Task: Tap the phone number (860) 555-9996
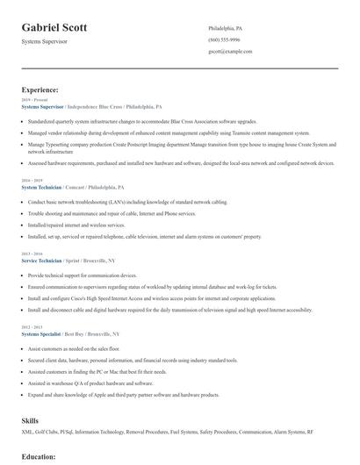point(224,40)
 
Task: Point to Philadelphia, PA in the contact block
point(226,28)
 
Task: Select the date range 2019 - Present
point(33,100)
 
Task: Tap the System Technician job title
point(41,186)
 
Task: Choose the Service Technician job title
point(41,261)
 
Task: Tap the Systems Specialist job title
point(41,335)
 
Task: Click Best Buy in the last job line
point(79,335)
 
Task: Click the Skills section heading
point(30,420)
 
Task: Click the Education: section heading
point(39,456)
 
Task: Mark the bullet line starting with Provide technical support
point(88,275)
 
